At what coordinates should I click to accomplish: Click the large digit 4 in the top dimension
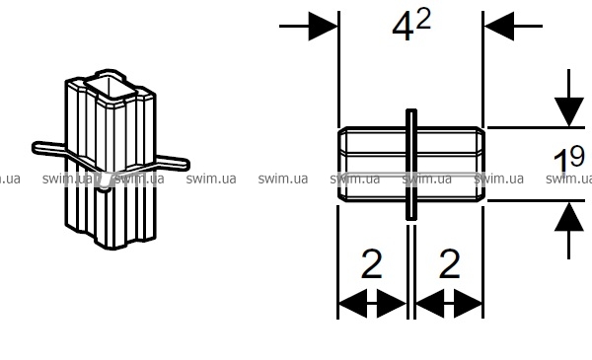403,29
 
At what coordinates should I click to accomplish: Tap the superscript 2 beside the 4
424,20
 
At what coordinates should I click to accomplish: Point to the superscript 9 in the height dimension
577,157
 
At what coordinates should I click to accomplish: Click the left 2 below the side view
372,263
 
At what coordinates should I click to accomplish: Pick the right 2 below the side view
449,263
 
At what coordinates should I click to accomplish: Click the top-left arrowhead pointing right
323,26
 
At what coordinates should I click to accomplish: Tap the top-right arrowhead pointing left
499,26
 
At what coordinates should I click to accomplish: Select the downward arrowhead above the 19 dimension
569,112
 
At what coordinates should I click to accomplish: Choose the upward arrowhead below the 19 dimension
569,216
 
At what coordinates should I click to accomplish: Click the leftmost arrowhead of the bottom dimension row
352,304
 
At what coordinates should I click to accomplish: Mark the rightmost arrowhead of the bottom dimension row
468,304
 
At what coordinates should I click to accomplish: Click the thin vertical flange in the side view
411,164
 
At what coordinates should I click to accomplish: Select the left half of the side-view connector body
372,164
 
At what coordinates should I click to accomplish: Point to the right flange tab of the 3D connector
173,163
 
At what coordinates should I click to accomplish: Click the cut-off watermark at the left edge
10,179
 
